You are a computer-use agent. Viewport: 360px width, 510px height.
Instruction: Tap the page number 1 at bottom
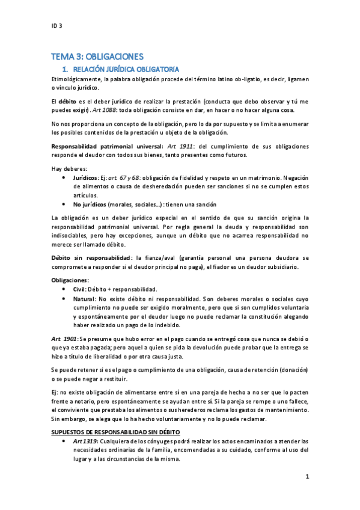(x=307, y=477)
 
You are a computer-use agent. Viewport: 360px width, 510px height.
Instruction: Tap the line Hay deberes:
(x=70, y=169)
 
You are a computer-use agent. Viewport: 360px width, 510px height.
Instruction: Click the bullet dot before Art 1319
(x=64, y=441)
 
